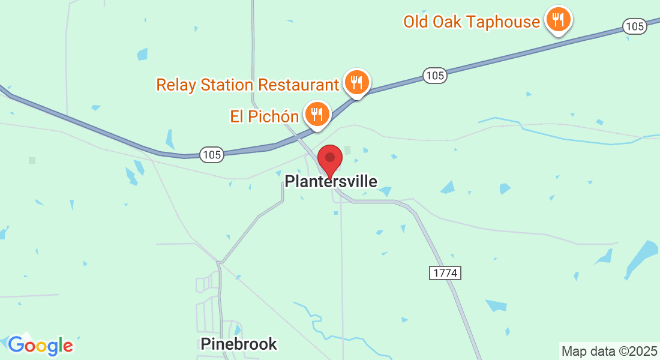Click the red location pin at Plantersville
tap(329, 158)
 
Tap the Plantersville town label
tap(331, 181)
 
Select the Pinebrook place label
tap(239, 344)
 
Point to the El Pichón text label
tap(264, 116)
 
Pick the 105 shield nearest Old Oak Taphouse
tap(634, 26)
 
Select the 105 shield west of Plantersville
tap(212, 155)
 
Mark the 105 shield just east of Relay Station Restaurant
tap(434, 76)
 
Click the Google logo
tap(40, 345)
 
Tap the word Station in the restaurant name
tap(227, 85)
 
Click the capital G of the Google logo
tap(16, 344)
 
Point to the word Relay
tap(175, 85)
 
